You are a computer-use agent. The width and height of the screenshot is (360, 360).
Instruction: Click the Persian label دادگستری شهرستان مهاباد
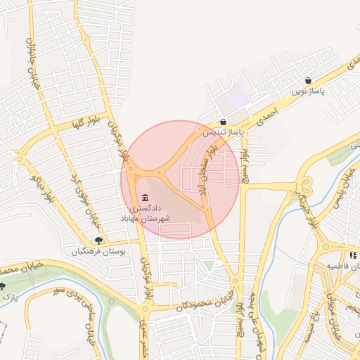pos(151,214)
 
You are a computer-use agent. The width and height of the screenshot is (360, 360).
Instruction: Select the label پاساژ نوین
pos(309,91)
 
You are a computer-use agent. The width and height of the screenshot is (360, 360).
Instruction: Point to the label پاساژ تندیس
pos(223,131)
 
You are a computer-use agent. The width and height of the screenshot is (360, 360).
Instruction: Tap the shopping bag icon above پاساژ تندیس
pos(223,122)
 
